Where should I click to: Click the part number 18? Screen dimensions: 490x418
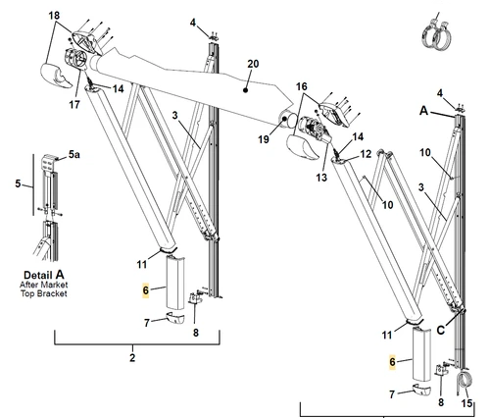coord(54,16)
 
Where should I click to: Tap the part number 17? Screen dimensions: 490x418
coord(74,104)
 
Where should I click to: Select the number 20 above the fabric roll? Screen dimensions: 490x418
coord(253,64)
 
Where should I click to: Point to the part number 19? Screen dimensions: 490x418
coord(264,139)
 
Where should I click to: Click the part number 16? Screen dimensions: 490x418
coord(302,86)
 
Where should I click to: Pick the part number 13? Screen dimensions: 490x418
coord(321,178)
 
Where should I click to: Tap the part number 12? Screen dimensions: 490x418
coord(366,154)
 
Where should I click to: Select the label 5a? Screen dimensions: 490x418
coord(74,154)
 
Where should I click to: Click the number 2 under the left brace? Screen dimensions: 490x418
coord(132,358)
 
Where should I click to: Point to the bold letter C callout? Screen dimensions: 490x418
coord(441,331)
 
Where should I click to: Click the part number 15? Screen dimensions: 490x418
coord(467,403)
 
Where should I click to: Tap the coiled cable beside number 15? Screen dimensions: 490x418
coord(465,382)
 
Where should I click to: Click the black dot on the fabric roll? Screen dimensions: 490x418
coord(246,90)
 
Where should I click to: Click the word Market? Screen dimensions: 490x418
coord(53,285)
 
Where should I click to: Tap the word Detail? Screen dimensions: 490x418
coord(37,275)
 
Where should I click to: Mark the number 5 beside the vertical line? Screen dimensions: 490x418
coord(19,183)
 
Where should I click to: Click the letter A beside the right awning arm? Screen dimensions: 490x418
coord(423,111)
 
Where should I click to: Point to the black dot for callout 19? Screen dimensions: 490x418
coord(284,119)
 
